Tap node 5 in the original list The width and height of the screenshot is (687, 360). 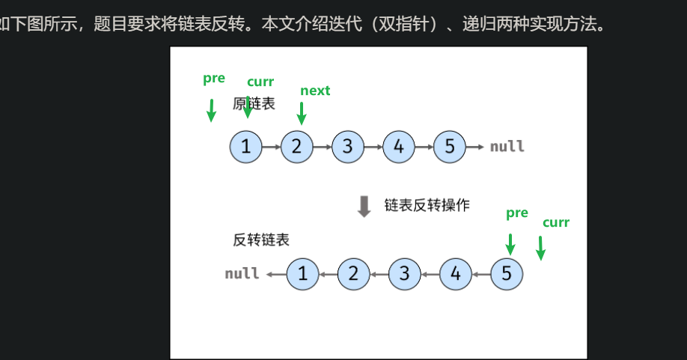[x=449, y=147]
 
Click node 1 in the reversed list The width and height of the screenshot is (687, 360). [x=302, y=274]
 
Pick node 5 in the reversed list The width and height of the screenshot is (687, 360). [x=507, y=274]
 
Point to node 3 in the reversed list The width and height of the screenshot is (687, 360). [x=405, y=274]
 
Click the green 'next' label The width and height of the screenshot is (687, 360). [x=315, y=91]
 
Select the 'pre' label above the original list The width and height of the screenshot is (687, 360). [x=214, y=79]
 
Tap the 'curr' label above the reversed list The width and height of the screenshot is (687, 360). [x=556, y=222]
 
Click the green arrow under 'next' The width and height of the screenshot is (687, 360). [x=302, y=114]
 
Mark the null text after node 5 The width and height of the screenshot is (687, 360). [x=507, y=147]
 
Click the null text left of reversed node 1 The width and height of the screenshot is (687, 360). [x=242, y=274]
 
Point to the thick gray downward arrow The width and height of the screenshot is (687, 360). [x=364, y=206]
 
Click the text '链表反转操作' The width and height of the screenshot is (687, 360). [x=427, y=205]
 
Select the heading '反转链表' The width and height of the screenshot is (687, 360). [x=261, y=240]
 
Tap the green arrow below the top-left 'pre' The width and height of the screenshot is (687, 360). [x=211, y=110]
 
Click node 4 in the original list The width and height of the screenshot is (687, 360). [x=398, y=147]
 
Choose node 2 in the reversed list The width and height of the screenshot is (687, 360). [x=353, y=274]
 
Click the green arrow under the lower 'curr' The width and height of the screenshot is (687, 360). [x=540, y=248]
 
